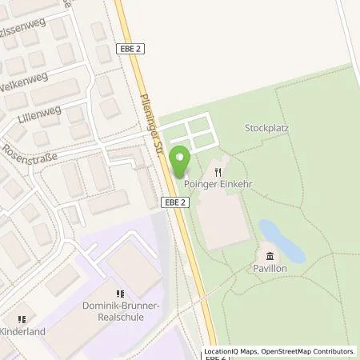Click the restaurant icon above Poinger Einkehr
(x=215, y=170)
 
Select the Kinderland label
(x=22, y=331)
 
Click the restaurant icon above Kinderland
(x=22, y=318)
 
